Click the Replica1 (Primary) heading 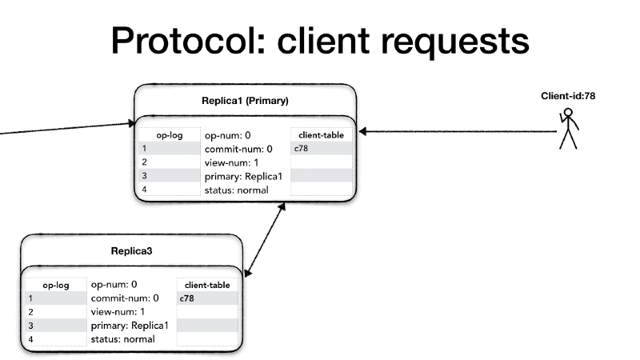tap(245, 101)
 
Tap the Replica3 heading tap(131, 250)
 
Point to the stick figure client tap(568, 130)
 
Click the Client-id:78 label tap(568, 96)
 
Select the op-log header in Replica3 tap(55, 284)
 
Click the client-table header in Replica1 tap(321, 134)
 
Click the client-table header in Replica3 tap(207, 284)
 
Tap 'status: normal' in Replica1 tap(236, 190)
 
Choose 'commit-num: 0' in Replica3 tap(125, 298)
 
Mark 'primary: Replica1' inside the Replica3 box tap(129, 326)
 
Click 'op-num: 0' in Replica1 tap(228, 135)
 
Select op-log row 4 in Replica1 tap(169, 190)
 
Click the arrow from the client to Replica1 tap(456, 131)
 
